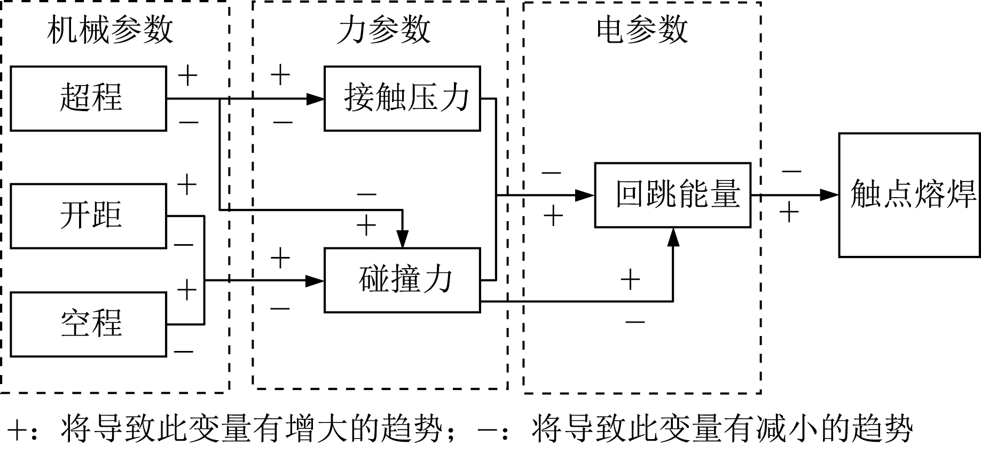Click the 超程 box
click(89, 98)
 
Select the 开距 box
click(89, 216)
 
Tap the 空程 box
click(89, 324)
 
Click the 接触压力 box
click(402, 98)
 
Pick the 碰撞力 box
click(402, 279)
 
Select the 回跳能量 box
click(673, 195)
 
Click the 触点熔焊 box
click(909, 195)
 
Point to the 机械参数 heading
click(110, 29)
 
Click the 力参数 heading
click(383, 29)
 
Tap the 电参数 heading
click(642, 29)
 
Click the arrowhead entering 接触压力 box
click(316, 98)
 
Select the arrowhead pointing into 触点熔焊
click(830, 195)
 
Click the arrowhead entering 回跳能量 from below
click(673, 237)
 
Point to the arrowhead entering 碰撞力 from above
click(403, 239)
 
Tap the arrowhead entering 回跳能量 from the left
click(586, 195)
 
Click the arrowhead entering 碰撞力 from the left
click(316, 280)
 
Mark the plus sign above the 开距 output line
click(187, 185)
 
